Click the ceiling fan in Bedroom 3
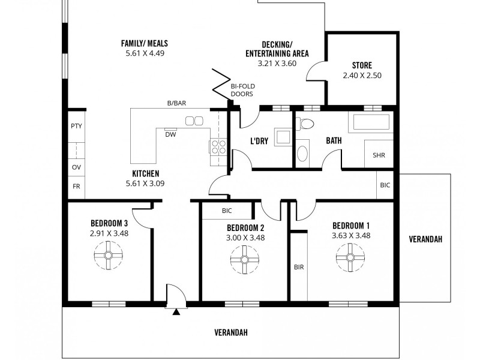tap(109, 256)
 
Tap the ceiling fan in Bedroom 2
tap(245, 259)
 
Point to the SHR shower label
tap(379, 155)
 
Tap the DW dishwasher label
tap(170, 134)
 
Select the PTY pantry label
tap(76, 126)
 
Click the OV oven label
tap(76, 167)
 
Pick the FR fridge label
tap(76, 187)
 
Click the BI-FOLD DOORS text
tap(242, 90)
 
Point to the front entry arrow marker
tap(176, 311)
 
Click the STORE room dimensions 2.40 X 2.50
tap(362, 76)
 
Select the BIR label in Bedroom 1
tap(298, 267)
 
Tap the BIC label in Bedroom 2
tap(227, 211)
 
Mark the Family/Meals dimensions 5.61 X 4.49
tap(144, 53)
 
